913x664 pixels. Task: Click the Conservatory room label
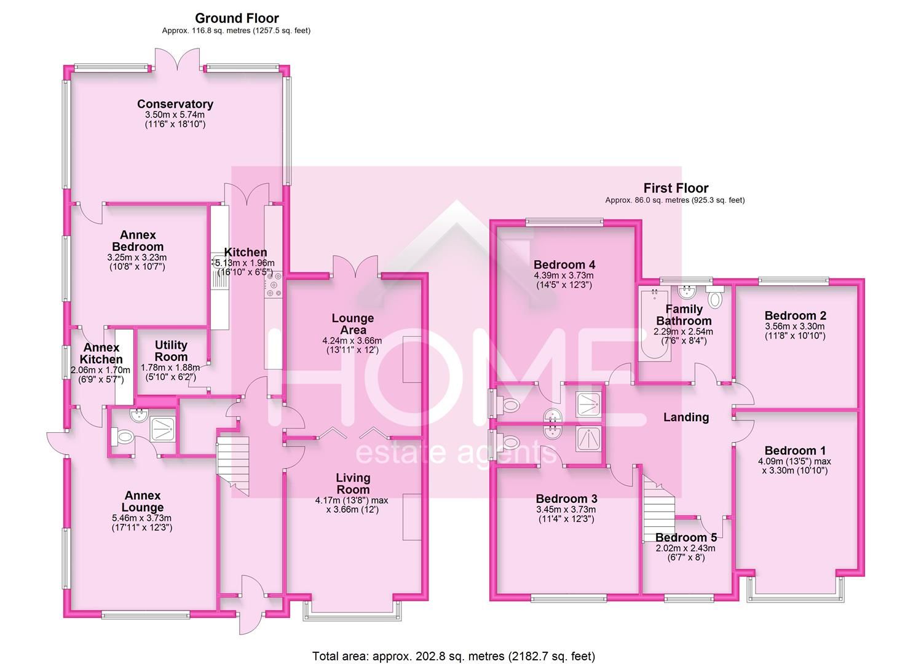click(175, 104)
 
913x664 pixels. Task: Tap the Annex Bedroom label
click(138, 240)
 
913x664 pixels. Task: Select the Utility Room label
click(171, 350)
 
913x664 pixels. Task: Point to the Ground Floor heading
click(237, 18)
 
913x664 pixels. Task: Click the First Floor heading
click(676, 188)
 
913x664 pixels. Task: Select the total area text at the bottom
click(453, 656)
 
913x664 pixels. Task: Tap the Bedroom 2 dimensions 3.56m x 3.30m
click(795, 326)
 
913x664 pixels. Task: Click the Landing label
click(686, 417)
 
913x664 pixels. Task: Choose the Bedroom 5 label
click(686, 537)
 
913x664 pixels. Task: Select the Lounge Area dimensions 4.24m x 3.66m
click(352, 341)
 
